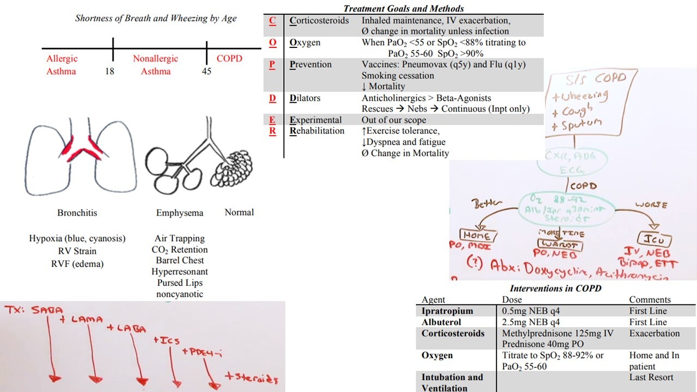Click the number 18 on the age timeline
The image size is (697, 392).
[x=109, y=71]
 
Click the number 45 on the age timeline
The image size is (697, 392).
[x=206, y=71]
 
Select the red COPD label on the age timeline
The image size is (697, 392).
[x=229, y=59]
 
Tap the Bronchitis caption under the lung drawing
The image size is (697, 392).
[x=77, y=213]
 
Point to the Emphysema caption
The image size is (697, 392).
[x=180, y=213]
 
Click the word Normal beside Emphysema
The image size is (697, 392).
[x=239, y=212]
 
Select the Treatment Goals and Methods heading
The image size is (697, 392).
[x=403, y=9]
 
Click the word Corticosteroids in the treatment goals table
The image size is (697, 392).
[x=319, y=21]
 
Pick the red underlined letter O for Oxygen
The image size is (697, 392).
[x=273, y=42]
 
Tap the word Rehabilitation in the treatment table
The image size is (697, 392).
[x=317, y=131]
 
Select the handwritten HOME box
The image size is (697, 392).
[x=476, y=235]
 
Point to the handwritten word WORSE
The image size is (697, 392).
[x=651, y=205]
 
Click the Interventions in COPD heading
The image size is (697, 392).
[x=555, y=289]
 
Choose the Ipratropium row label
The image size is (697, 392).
[x=447, y=311]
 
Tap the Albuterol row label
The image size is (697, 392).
[x=441, y=322]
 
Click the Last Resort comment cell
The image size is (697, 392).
[x=651, y=377]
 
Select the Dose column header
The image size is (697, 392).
[x=512, y=300]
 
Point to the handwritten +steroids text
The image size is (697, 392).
[x=251, y=379]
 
